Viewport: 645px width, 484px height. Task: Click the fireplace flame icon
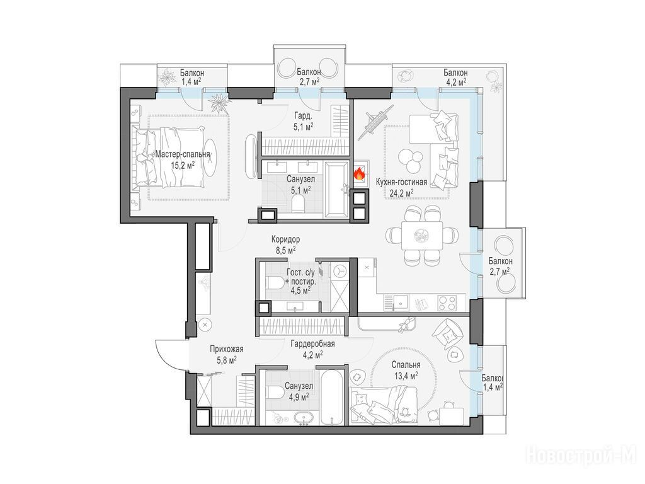pos(360,174)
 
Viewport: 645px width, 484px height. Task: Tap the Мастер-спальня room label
pos(183,154)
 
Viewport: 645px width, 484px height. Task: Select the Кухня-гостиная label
pos(401,182)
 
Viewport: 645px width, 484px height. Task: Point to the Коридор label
pos(285,239)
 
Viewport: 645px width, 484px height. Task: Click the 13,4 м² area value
pos(405,375)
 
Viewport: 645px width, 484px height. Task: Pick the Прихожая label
pos(227,349)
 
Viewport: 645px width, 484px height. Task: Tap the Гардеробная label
pos(312,343)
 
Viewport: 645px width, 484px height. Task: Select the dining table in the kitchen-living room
pos(423,236)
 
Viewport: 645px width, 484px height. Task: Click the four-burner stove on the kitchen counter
pos(447,303)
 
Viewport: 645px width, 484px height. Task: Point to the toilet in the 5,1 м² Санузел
pos(297,202)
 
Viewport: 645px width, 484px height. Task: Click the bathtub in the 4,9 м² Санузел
pos(333,398)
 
